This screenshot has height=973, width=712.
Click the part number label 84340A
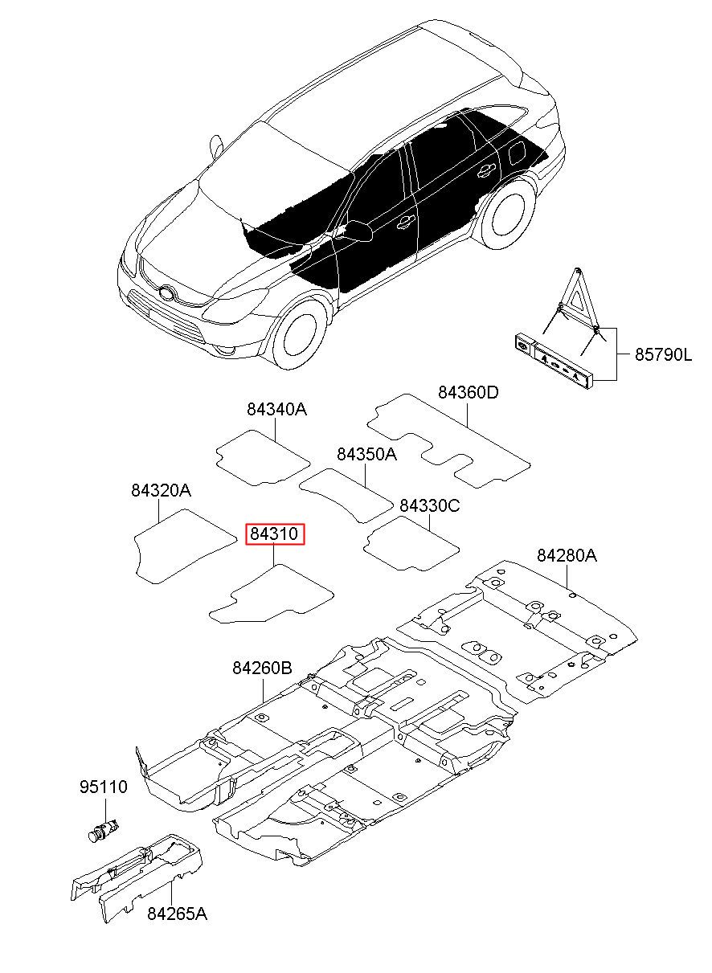(x=276, y=410)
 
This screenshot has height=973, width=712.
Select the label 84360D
(x=468, y=393)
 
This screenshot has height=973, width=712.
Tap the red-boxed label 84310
(x=276, y=534)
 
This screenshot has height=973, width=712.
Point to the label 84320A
(x=161, y=490)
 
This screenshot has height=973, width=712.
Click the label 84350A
(x=366, y=455)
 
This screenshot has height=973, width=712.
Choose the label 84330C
(x=430, y=505)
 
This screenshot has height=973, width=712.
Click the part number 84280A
(x=567, y=555)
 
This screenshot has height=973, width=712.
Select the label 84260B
(x=262, y=668)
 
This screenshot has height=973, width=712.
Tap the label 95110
(x=103, y=787)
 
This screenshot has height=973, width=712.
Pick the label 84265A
(x=177, y=914)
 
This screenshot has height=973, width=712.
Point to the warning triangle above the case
(x=577, y=301)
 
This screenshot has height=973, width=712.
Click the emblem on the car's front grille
(x=166, y=292)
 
